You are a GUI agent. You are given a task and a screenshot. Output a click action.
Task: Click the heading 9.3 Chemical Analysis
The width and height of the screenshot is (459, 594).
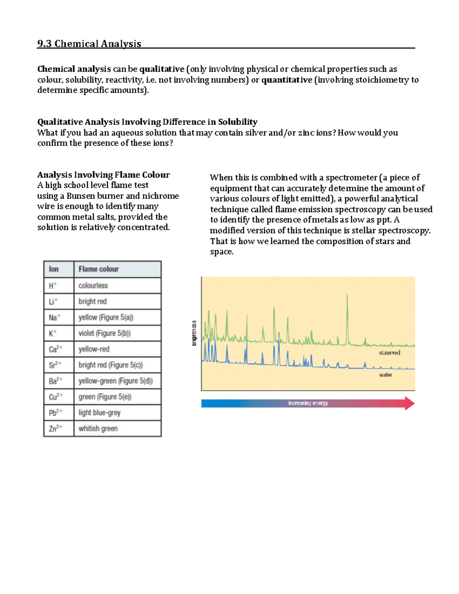[89, 44]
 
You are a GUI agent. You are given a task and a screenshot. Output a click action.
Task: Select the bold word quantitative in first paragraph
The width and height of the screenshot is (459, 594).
[286, 80]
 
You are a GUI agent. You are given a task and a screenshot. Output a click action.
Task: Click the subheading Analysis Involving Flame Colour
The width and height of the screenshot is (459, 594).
[103, 175]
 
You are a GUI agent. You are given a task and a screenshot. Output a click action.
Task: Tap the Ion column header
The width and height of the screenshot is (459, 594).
[54, 269]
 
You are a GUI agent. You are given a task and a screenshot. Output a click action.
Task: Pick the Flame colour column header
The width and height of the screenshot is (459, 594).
[99, 269]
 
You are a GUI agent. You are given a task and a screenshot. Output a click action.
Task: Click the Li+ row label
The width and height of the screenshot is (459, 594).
[53, 301]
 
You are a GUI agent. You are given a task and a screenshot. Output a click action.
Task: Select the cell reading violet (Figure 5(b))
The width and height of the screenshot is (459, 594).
[104, 333]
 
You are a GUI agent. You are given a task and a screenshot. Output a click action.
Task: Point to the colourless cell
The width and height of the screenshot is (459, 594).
[93, 286]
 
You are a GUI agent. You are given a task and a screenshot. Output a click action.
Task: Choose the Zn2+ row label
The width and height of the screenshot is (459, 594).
[55, 428]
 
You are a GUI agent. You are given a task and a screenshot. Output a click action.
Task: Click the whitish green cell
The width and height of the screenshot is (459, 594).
[98, 428]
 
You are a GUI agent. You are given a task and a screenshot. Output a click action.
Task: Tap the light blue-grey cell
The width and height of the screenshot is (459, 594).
[99, 413]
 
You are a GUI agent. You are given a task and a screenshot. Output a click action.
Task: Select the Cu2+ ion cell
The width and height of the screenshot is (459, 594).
[55, 397]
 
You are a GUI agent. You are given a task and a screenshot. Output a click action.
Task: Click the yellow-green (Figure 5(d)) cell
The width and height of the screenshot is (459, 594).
[116, 381]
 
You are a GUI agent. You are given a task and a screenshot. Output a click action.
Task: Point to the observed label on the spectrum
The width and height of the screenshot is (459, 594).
[389, 353]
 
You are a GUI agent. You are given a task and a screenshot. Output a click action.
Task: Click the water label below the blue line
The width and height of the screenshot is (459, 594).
[385, 375]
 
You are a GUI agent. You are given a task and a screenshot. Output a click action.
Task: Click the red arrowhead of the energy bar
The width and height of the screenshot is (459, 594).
[410, 404]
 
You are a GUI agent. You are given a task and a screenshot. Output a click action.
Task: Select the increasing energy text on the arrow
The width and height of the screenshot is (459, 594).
[308, 403]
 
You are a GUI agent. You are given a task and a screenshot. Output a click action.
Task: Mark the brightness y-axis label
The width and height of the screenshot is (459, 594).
[194, 333]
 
